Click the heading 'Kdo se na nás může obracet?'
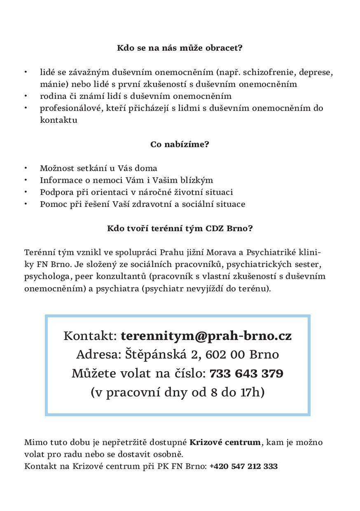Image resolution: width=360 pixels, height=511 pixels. [180, 48]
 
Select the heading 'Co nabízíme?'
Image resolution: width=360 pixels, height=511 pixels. [180, 144]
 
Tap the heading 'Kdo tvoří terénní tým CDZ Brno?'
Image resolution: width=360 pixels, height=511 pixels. [180, 228]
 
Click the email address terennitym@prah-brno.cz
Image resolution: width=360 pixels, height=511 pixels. [206, 336]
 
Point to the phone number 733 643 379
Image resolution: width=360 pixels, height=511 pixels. [246, 374]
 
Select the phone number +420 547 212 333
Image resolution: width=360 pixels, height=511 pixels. [243, 466]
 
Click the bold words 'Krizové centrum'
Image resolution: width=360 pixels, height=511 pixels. [225, 442]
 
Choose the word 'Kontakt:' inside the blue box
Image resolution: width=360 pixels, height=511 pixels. [91, 336]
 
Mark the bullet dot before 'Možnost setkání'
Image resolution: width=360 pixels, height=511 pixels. [26, 168]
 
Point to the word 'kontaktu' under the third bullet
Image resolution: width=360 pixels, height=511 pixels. [58, 120]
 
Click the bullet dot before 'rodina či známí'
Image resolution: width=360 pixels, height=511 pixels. [26, 96]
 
